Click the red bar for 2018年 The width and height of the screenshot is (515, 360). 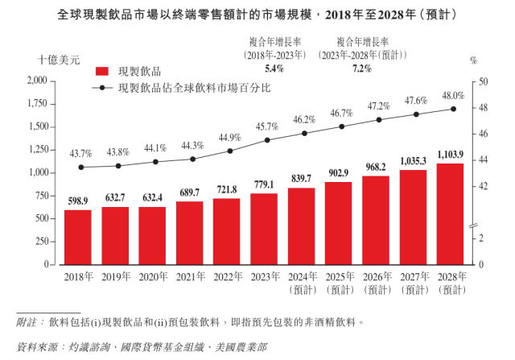pos(78,237)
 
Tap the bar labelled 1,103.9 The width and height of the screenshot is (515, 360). pos(451,213)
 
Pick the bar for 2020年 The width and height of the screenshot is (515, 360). pos(153,235)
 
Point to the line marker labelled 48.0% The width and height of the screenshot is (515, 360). pos(453,110)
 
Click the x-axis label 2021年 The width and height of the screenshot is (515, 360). pos(191,276)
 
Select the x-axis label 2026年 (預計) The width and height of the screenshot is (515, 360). pos(376,282)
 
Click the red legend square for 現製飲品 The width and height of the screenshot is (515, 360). pos(101,71)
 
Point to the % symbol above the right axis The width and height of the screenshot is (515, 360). pos(474,60)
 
